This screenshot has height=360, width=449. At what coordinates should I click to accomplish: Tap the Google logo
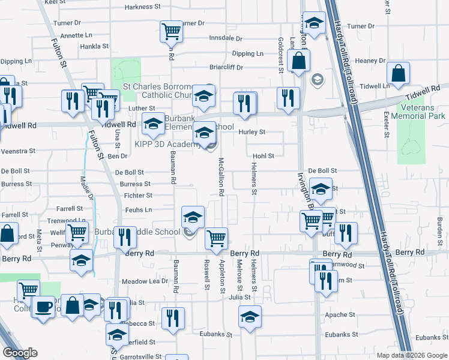(x=20, y=353)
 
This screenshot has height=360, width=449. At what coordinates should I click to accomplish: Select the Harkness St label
(x=144, y=7)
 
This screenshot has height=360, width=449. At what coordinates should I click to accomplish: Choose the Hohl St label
(x=263, y=156)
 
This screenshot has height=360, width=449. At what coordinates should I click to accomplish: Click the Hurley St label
(x=252, y=132)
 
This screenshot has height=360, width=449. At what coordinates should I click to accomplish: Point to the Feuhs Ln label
(x=139, y=209)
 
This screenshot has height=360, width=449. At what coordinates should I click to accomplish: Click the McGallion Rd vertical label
(x=221, y=177)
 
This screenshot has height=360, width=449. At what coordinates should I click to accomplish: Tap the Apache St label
(x=336, y=314)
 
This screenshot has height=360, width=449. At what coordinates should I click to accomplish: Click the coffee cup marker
(x=43, y=306)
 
